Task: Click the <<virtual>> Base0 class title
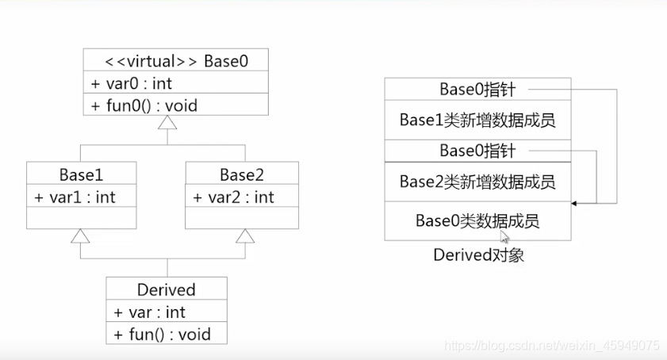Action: coord(175,60)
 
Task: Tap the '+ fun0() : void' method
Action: coord(144,105)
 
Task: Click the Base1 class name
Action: coord(81,174)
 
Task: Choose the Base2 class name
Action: coord(242,174)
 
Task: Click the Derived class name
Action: coord(167,289)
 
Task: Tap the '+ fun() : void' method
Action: coord(162,334)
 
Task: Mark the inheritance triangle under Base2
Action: coord(245,236)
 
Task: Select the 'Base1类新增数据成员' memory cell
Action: coord(477,121)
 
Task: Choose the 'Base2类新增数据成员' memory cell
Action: coord(477,182)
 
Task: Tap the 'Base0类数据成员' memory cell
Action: coord(477,220)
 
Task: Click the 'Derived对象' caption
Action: coord(478,255)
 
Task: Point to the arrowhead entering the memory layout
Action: coord(575,204)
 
